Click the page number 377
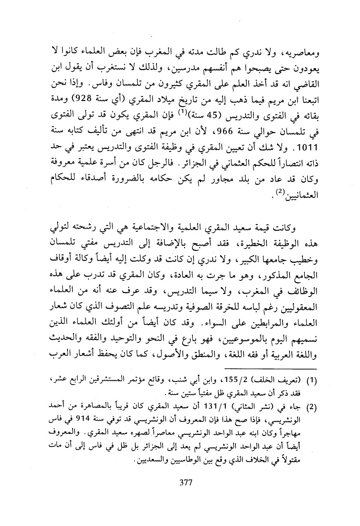186,482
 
